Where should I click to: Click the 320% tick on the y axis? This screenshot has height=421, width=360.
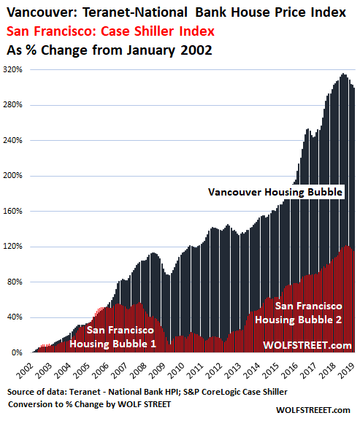click(x=12, y=69)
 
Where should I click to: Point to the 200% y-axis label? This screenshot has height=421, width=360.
click(x=12, y=176)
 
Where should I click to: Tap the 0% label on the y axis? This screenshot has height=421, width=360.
click(x=17, y=352)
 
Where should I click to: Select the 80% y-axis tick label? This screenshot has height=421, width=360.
click(x=15, y=282)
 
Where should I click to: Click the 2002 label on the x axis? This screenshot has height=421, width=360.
click(x=25, y=371)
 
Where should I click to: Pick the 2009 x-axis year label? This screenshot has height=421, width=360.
click(x=158, y=371)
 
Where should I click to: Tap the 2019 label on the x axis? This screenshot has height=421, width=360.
click(x=348, y=371)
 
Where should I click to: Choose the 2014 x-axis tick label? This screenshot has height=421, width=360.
click(x=253, y=371)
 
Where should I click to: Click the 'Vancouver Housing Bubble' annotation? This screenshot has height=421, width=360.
click(x=275, y=192)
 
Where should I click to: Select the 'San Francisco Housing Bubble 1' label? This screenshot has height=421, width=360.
click(x=113, y=337)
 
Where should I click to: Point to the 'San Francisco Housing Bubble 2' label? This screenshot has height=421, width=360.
click(x=299, y=313)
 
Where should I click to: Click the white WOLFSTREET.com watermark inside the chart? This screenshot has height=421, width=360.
click(x=307, y=345)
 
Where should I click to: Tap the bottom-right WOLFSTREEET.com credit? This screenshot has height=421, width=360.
click(x=313, y=410)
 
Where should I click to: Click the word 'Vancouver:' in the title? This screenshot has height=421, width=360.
click(x=42, y=12)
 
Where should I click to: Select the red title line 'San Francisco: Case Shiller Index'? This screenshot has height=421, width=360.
click(x=110, y=31)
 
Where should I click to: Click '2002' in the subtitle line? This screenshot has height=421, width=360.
click(x=196, y=50)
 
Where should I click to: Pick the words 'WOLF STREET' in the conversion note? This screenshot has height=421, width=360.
click(x=145, y=404)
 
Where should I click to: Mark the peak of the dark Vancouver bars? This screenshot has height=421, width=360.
click(x=343, y=74)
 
